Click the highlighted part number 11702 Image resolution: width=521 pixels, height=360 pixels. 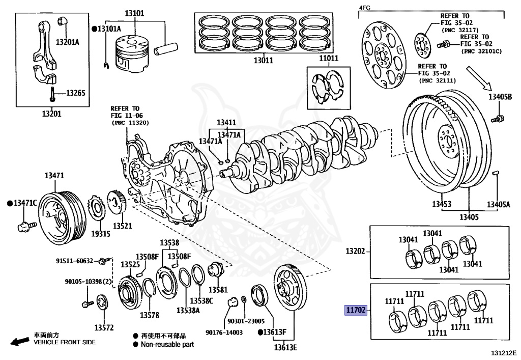point(356,310)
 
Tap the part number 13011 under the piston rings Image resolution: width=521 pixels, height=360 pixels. point(263,60)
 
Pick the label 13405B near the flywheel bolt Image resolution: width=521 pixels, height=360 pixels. point(500,97)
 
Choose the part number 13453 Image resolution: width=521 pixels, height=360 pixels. point(442,204)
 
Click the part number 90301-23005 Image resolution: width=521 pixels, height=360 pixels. point(246,321)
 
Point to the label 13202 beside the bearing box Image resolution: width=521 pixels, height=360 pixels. point(356,251)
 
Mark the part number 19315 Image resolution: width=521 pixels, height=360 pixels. point(101,234)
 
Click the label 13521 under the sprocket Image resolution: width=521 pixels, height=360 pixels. point(123,225)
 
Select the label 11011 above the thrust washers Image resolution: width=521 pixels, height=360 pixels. point(329,59)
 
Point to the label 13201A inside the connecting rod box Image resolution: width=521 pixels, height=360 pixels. point(68,42)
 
